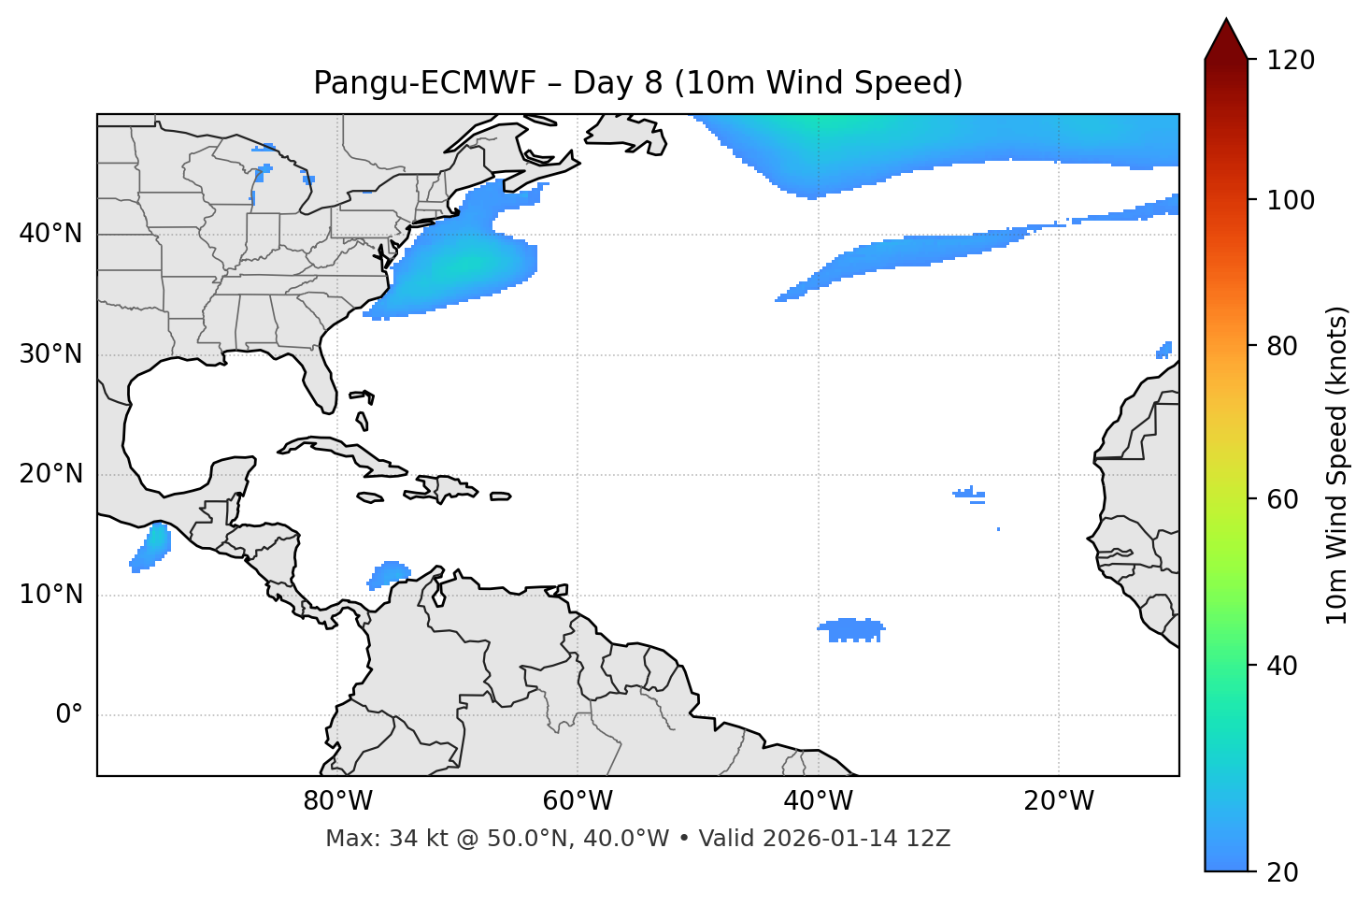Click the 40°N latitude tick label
[50, 234]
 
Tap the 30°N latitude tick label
[50, 354]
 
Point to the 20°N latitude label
[50, 474]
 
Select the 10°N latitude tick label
[50, 595]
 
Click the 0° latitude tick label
[69, 715]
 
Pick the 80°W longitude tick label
[337, 801]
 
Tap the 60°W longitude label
[578, 801]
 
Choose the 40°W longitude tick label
[818, 801]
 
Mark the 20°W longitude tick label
[1059, 801]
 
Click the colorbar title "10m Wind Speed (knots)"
[1338, 465]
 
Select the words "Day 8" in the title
[618, 83]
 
